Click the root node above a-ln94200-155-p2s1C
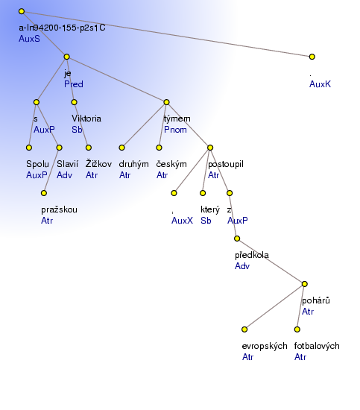pos(22,11)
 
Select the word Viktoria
pos(86,119)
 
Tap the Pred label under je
pos(74,84)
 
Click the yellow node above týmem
pos(166,102)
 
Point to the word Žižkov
pos(98,164)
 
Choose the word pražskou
pos(59,209)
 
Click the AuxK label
pos(320,84)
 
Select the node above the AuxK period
pos(312,57)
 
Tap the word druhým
pos(133,164)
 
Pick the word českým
pos(171,164)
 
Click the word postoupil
pos(226,164)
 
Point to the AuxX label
pos(182,221)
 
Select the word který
pos(210,209)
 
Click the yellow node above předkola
pos(237,239)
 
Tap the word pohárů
pos(316,300)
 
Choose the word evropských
pos(265,346)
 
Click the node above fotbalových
pos(297,329)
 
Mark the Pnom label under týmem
pos(175,130)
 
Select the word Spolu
pos(37,164)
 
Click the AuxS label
pos(29,39)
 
